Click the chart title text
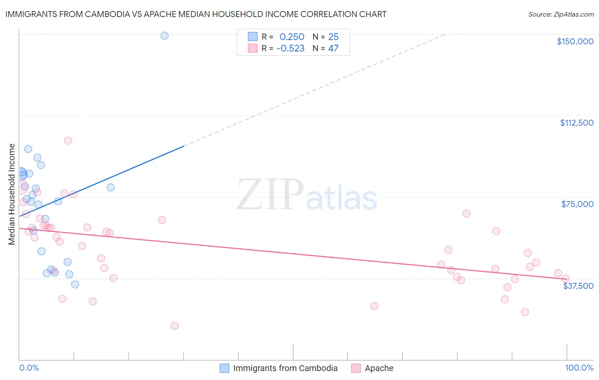(196, 14)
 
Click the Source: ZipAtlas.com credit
(561, 14)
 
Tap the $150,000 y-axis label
(575, 41)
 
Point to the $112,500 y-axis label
(576, 123)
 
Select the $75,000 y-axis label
(577, 204)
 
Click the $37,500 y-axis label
(578, 286)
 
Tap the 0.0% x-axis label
(29, 368)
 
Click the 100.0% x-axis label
(579, 368)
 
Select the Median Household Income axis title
(12, 194)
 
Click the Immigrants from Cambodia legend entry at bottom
(285, 368)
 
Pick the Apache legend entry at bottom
(379, 368)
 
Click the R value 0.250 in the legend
(292, 37)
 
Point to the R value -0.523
(290, 49)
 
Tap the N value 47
(333, 49)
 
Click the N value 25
(333, 37)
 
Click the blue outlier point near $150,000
(164, 36)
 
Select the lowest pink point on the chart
(174, 326)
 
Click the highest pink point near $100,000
(68, 141)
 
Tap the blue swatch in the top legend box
(253, 37)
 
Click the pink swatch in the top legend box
(253, 49)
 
